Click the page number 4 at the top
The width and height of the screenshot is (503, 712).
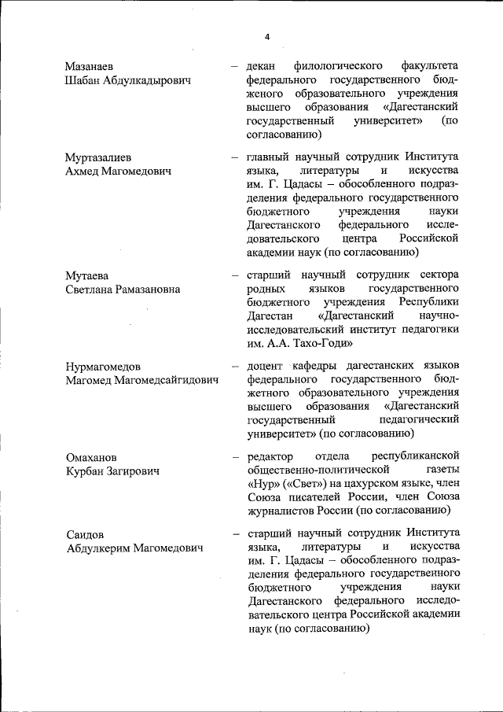pos(267,37)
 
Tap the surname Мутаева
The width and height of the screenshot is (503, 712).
pos(86,275)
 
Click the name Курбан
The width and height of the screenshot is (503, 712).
pos(88,471)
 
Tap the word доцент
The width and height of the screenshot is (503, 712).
pos(265,367)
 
